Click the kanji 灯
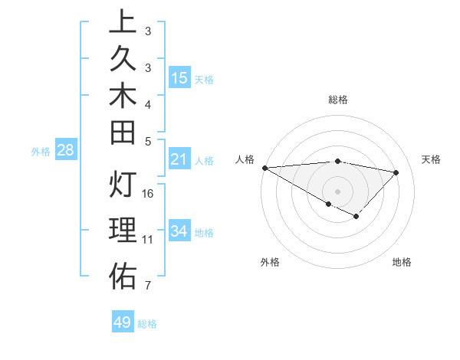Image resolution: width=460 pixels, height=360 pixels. click(x=123, y=185)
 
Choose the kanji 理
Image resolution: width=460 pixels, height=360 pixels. click(x=123, y=231)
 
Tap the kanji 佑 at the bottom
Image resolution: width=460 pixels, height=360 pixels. click(x=123, y=277)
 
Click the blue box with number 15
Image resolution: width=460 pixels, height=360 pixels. click(x=179, y=78)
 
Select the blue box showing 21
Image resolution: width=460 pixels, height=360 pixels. click(x=179, y=159)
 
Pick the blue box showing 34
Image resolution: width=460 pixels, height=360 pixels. click(x=179, y=231)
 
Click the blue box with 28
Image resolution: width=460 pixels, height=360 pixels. click(x=65, y=150)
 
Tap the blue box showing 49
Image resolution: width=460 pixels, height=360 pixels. click(x=123, y=322)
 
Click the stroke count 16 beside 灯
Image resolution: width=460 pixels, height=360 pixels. click(x=149, y=193)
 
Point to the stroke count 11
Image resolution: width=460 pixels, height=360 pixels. click(x=148, y=240)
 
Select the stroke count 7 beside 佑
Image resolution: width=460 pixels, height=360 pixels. click(x=147, y=286)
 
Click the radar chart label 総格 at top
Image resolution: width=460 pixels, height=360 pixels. click(x=337, y=100)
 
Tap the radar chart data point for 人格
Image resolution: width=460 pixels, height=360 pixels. click(x=264, y=168)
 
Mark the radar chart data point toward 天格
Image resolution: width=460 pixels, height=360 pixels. click(x=396, y=172)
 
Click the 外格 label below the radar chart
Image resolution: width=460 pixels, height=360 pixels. click(x=270, y=263)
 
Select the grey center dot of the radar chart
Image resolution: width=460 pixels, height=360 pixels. click(x=337, y=190)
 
